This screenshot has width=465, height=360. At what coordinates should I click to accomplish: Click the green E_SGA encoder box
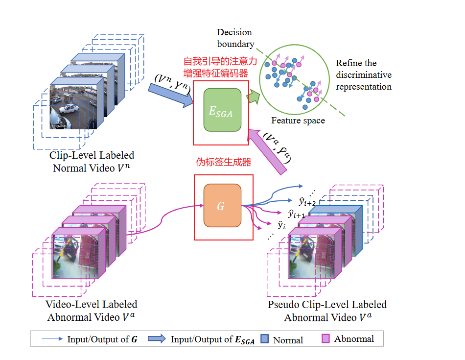pos(222,110)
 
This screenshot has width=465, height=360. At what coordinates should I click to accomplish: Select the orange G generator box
pos(222,205)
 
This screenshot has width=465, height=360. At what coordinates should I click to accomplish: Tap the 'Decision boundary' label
pos(235,38)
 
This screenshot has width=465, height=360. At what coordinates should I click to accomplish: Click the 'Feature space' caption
pos(298,120)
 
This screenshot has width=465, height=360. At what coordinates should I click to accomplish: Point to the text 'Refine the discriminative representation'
pos(363,75)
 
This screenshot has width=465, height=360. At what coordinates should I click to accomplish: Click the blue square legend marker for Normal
pos(265,339)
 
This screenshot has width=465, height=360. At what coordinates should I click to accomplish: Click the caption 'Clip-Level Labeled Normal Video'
pos(92,162)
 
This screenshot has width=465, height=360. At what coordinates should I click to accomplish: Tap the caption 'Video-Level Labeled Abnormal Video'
pos(92,311)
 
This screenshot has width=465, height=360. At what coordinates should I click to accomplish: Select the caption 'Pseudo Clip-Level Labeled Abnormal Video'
pos(327,311)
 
